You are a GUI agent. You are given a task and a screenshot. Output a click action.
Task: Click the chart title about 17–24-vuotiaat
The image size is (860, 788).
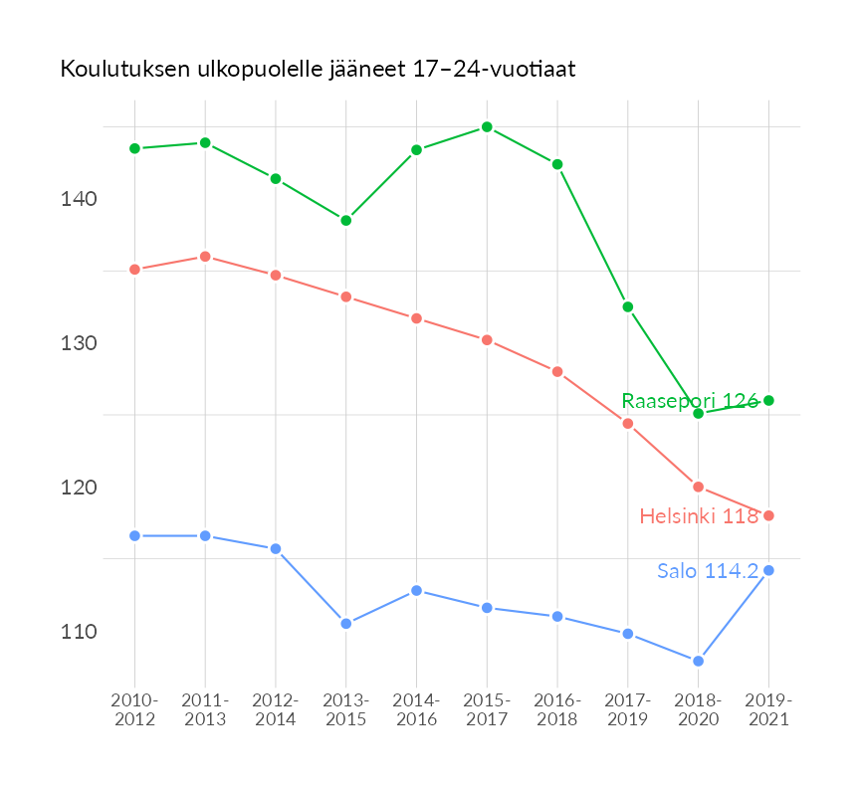point(319,70)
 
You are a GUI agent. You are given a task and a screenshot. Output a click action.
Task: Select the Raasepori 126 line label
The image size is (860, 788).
point(690,401)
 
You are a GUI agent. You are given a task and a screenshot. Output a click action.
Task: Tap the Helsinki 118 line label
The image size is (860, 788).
point(699,516)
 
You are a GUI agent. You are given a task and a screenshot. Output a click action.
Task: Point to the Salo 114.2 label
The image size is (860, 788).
point(708,571)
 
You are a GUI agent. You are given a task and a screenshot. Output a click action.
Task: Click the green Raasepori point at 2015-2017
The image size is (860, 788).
point(487,127)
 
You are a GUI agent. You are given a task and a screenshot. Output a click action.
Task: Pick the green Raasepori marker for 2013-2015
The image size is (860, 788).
point(346,220)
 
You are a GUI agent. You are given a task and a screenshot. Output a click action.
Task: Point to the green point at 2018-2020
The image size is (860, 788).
point(699,413)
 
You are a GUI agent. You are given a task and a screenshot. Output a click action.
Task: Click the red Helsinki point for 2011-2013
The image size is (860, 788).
point(205,257)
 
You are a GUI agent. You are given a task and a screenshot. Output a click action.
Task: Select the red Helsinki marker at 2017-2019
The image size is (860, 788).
point(628,424)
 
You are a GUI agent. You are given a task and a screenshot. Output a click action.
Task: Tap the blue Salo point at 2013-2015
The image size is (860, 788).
point(346,624)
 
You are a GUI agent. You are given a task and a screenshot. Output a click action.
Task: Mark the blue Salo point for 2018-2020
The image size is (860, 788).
point(699,661)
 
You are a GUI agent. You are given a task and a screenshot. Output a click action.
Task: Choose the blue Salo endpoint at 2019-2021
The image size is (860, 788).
point(768,570)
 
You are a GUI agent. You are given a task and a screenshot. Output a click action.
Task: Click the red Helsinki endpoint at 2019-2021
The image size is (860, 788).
point(768,515)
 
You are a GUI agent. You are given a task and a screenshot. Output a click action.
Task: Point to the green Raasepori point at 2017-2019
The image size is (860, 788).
point(628,306)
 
